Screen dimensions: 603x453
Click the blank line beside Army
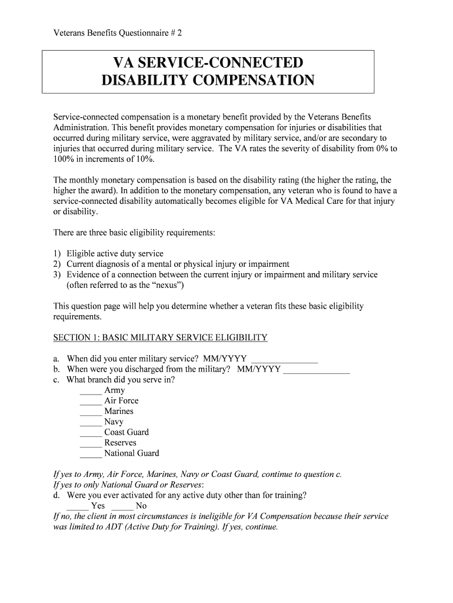(x=91, y=391)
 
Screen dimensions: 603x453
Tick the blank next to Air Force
(x=91, y=402)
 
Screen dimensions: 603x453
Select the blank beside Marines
(x=91, y=412)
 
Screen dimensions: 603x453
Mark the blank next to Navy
(x=91, y=423)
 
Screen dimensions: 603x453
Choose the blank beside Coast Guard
(x=91, y=433)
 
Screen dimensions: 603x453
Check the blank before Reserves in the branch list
(x=91, y=444)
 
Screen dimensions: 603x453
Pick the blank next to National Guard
(x=91, y=455)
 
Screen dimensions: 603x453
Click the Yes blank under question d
(x=77, y=507)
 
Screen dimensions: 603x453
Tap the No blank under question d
(x=122, y=507)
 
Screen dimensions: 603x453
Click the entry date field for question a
(x=284, y=359)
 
